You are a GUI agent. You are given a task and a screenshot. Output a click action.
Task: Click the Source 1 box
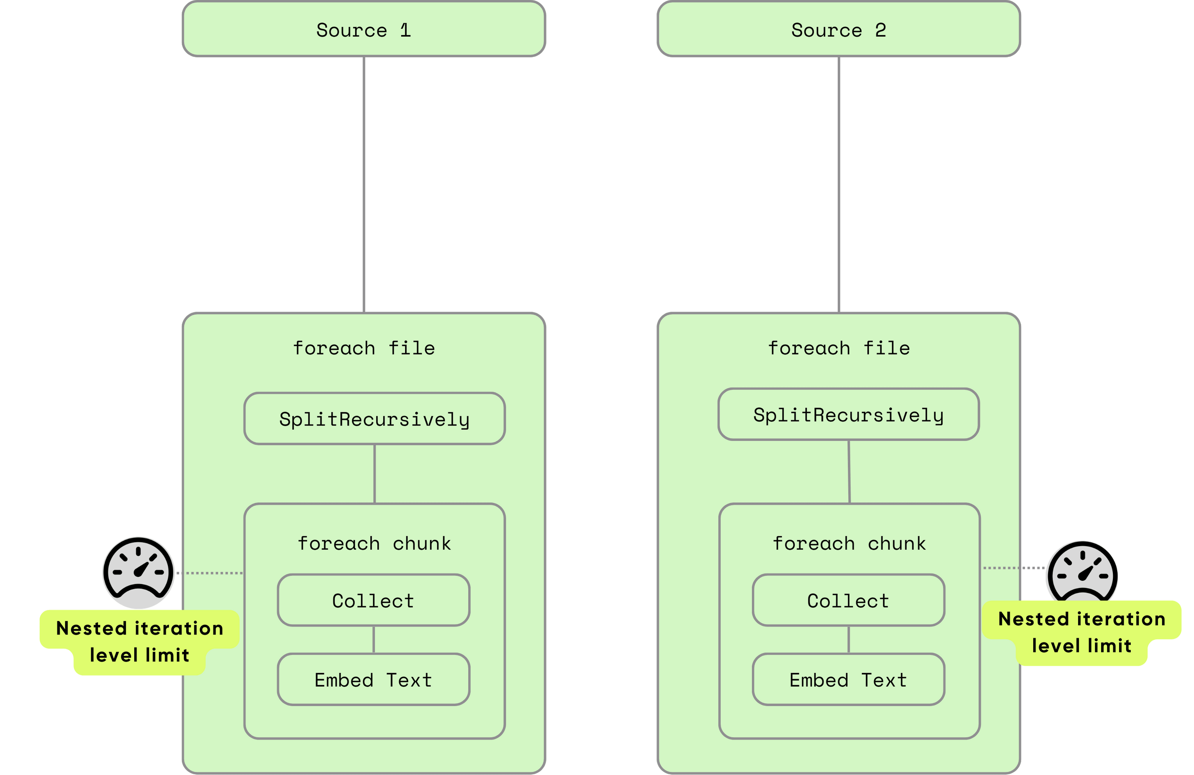pos(364,30)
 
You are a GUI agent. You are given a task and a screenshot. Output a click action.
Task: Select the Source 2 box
pos(838,30)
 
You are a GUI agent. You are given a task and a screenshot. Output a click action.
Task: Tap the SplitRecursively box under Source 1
pos(374,419)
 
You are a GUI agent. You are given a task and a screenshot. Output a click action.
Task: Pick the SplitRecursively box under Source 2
pos(848,415)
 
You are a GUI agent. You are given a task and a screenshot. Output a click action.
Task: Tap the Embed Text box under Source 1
pos(373,680)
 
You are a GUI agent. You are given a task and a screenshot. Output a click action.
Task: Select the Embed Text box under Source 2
pos(848,680)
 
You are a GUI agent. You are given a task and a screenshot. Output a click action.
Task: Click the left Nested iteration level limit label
pos(139,642)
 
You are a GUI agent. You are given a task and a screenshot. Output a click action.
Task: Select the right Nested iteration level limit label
pos(1082,632)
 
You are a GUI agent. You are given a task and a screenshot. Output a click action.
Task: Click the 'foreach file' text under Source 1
pos(364,348)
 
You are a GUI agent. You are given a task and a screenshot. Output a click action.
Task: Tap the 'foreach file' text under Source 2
pos(839,348)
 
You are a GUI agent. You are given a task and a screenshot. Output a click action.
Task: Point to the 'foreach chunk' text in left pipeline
pos(374,543)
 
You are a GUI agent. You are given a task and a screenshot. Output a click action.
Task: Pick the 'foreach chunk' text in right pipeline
pos(849,543)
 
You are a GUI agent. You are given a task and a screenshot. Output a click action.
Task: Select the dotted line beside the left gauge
pos(210,573)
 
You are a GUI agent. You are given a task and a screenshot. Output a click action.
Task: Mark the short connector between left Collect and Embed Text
pos(373,640)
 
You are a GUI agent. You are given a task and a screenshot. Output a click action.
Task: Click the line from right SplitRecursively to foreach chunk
pos(849,472)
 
